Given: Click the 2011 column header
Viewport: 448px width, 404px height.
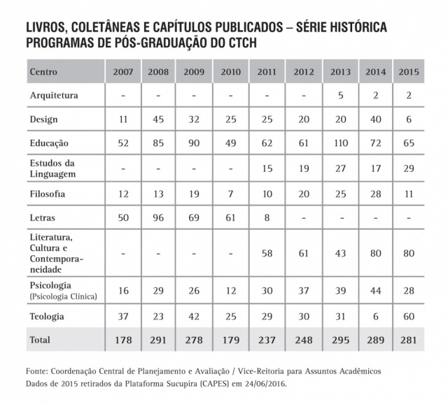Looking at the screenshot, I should (266, 72).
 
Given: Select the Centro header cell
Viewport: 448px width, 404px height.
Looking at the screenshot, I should (43, 72).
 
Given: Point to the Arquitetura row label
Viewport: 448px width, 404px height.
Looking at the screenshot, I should (54, 95).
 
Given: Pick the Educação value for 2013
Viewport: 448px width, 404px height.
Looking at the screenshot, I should (338, 143).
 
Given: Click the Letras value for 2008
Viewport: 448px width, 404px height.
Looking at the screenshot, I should (158, 219).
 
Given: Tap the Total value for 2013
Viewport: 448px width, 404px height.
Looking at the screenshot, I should (338, 340).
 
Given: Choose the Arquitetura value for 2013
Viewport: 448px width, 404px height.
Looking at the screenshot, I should (338, 95).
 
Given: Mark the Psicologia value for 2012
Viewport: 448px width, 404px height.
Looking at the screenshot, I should (302, 290).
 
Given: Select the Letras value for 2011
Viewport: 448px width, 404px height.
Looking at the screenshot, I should (266, 219).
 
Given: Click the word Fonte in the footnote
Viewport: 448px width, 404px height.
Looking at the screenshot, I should (39, 370).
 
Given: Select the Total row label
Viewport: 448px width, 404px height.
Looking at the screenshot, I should (41, 340).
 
